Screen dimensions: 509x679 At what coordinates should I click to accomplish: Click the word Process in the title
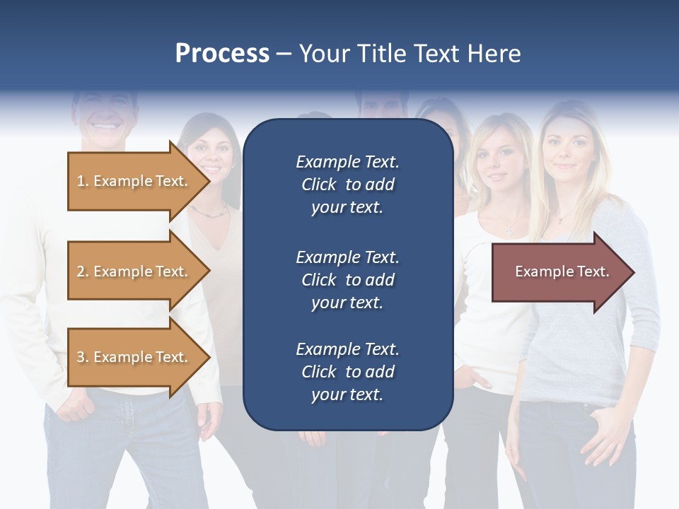tap(222, 54)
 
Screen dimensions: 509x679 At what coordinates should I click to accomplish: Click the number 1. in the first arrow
tap(83, 182)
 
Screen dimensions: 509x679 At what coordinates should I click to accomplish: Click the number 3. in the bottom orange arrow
tap(83, 358)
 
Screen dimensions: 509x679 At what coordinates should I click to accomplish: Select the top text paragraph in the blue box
tap(347, 185)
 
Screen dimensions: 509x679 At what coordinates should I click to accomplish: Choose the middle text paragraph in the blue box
tap(347, 280)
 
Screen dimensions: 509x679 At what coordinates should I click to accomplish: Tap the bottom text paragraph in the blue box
tap(347, 372)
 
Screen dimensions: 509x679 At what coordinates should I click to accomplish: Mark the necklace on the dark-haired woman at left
tap(210, 211)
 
